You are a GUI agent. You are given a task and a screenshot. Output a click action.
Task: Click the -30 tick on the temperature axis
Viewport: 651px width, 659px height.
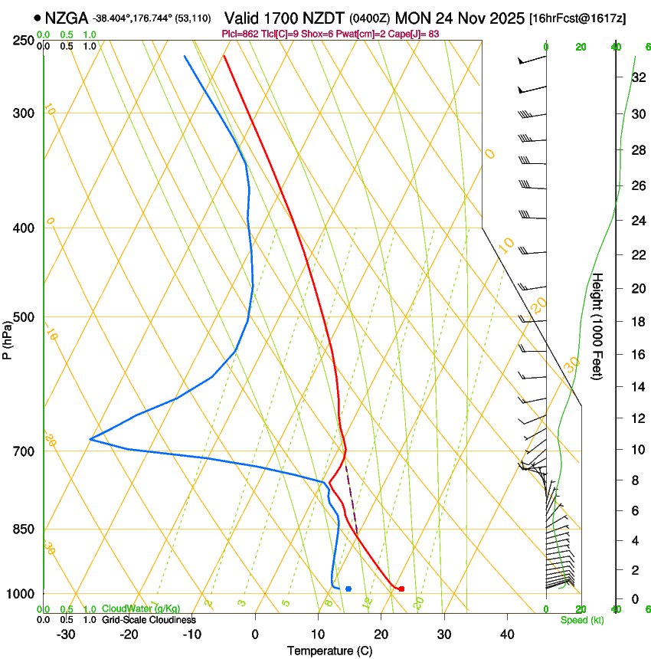click(66, 634)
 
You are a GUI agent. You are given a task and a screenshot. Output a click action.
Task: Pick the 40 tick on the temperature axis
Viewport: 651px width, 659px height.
click(506, 634)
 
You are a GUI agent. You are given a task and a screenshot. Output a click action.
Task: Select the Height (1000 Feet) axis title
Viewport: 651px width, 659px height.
click(598, 326)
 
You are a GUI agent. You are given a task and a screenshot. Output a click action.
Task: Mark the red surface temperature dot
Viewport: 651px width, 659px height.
click(401, 589)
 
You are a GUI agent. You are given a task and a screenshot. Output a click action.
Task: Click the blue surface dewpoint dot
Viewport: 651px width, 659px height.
click(348, 589)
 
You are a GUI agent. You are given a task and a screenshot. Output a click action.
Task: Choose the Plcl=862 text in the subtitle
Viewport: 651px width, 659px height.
click(239, 34)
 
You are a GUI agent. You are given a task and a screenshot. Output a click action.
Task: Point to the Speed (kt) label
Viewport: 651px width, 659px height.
click(581, 620)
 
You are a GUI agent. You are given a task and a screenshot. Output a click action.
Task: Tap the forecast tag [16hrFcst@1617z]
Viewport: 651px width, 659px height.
click(577, 18)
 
